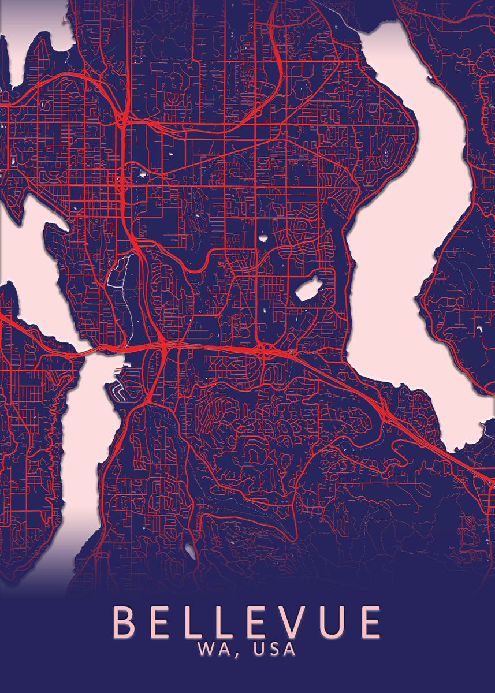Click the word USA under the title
tap(271, 649)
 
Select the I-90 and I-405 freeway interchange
tap(164, 345)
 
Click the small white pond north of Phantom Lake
tap(263, 237)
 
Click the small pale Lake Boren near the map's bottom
tap(189, 552)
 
